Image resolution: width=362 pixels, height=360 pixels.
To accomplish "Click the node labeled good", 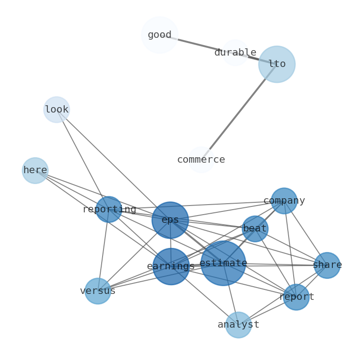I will [159, 35].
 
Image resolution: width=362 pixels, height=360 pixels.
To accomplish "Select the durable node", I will [235, 53].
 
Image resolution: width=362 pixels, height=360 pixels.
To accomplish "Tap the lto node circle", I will [277, 64].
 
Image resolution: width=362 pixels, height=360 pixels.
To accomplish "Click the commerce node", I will [201, 160].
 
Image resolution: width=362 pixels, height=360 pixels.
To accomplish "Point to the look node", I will [57, 110].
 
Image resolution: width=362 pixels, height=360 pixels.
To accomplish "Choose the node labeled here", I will [35, 170].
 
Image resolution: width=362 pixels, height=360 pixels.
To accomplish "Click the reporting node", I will [109, 210].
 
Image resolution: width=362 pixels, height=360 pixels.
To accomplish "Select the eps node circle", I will [170, 220].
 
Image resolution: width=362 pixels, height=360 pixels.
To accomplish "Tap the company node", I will [284, 201].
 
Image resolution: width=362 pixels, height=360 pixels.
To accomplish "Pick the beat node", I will [255, 229].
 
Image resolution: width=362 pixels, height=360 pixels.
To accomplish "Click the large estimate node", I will [223, 263].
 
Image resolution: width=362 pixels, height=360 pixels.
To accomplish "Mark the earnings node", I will [171, 267].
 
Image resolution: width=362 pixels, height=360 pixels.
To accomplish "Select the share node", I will [327, 265].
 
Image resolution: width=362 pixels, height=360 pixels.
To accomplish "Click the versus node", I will [98, 291].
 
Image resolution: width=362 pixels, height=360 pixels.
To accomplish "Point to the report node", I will [296, 297].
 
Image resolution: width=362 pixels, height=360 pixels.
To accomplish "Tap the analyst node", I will [238, 325].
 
